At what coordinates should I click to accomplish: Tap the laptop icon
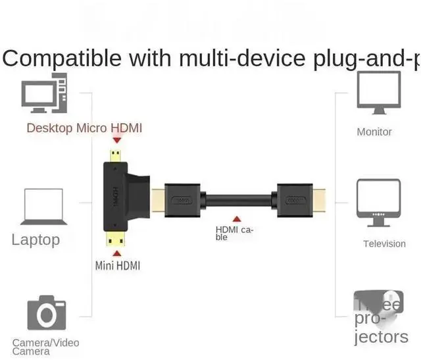point(43,207)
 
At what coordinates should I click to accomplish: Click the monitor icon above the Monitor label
point(378,93)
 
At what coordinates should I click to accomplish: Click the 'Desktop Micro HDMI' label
point(84,128)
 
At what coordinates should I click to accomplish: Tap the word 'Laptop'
point(36,240)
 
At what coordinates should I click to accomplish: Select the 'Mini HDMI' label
point(117,266)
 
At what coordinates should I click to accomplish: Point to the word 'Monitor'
point(374,132)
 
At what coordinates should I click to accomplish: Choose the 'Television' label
point(384,244)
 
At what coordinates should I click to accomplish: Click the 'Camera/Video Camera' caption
point(45,347)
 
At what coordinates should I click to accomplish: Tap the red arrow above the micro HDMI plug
point(117,140)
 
